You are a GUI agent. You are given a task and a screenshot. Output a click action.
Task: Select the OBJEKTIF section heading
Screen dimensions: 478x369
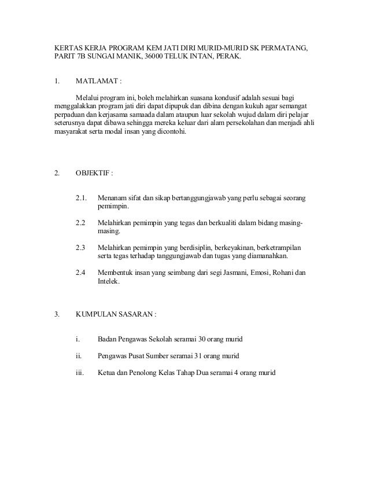[93, 172]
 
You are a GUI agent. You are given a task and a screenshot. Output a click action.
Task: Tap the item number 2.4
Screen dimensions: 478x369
[82, 273]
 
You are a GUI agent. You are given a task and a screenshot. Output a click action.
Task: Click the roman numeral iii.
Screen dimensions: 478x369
[80, 373]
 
